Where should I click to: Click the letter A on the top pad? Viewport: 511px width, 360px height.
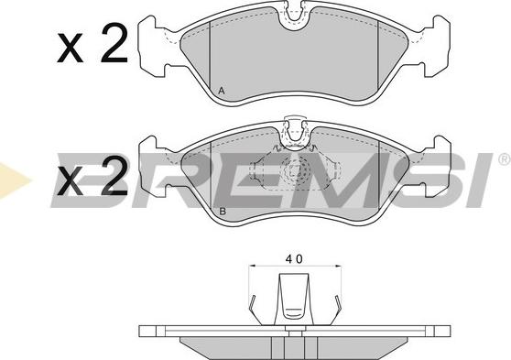[222, 91]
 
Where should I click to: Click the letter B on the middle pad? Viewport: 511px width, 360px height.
[223, 212]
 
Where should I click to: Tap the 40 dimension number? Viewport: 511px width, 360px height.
[294, 258]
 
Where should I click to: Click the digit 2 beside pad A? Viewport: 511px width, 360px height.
[114, 43]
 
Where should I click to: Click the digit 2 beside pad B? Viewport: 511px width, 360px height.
[114, 176]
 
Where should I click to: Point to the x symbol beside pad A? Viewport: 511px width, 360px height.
[70, 48]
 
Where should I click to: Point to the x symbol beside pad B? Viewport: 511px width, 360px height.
[70, 181]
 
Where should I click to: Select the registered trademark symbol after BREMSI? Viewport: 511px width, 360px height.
[505, 158]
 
